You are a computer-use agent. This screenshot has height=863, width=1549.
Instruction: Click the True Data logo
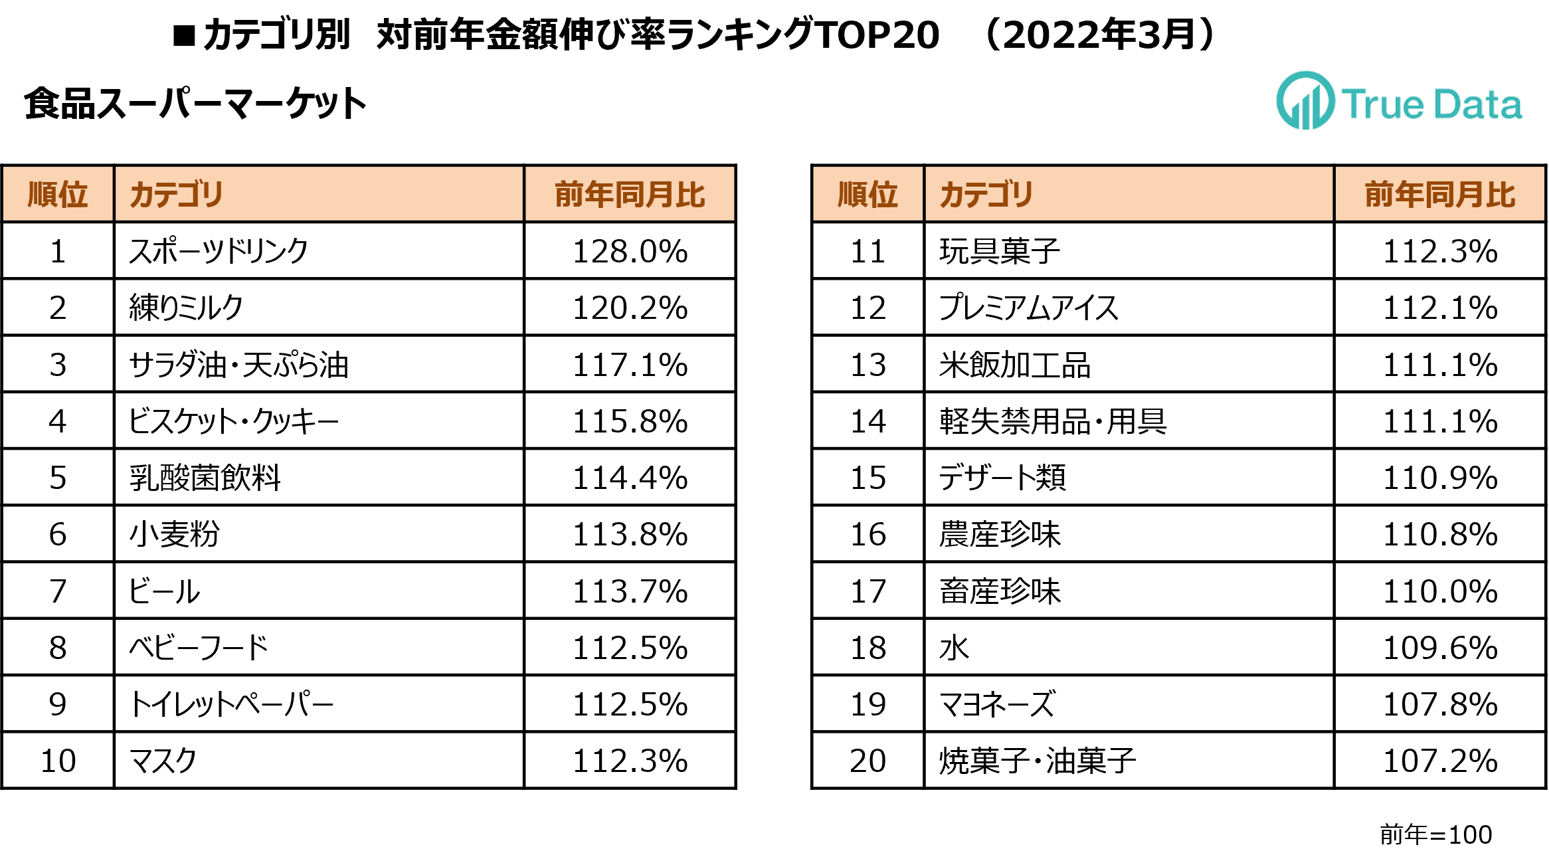pyautogui.click(x=1398, y=102)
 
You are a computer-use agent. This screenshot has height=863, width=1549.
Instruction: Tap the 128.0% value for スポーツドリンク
pyautogui.click(x=630, y=251)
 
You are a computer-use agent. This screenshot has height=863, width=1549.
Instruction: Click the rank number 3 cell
pyautogui.click(x=58, y=365)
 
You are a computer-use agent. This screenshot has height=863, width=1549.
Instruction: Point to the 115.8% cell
pyautogui.click(x=630, y=421)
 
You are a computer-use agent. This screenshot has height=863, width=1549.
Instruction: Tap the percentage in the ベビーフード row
pyautogui.click(x=630, y=648)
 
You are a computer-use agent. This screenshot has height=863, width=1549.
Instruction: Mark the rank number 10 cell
pyautogui.click(x=58, y=761)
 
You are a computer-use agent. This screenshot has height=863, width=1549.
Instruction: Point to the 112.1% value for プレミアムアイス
pyautogui.click(x=1439, y=308)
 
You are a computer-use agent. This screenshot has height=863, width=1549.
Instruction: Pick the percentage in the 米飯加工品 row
pyautogui.click(x=1439, y=365)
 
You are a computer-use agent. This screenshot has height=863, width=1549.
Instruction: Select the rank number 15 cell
pyautogui.click(x=867, y=478)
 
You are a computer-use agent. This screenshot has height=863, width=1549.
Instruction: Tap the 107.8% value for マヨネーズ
pyautogui.click(x=1439, y=704)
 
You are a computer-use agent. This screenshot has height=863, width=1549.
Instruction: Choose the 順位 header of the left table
pyautogui.click(x=58, y=195)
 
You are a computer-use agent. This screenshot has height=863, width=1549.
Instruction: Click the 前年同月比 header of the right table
pyautogui.click(x=1439, y=195)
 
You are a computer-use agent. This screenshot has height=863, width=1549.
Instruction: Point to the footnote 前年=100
pyautogui.click(x=1435, y=834)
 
